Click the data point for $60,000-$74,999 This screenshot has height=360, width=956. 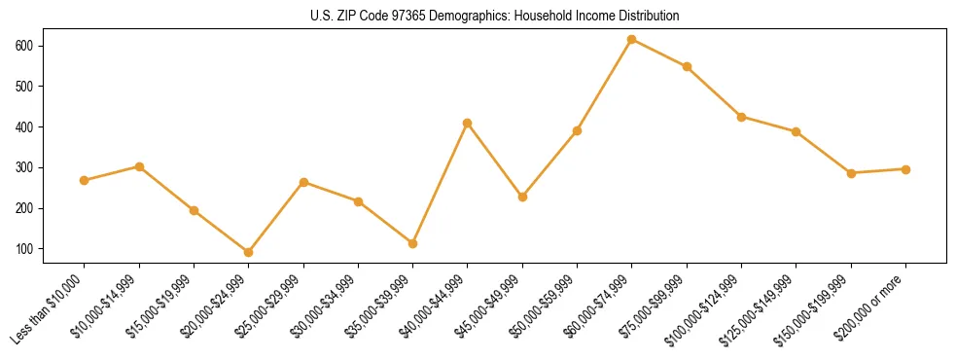point(632,39)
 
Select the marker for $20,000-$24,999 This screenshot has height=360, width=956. point(249,252)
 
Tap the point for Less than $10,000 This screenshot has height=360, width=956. point(85,180)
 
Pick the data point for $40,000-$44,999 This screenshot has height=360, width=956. point(468,123)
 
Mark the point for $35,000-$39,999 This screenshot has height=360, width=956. point(413,243)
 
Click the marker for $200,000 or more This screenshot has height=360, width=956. point(906,169)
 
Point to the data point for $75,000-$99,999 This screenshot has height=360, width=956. point(687,66)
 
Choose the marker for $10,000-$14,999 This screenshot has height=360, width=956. point(139,166)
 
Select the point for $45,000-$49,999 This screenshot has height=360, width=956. point(522,197)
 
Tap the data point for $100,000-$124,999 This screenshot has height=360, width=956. point(742,117)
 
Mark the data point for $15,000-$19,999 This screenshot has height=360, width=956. point(195,210)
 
